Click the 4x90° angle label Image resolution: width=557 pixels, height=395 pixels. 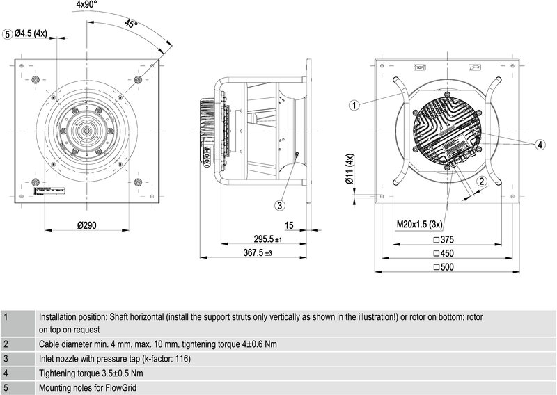88,4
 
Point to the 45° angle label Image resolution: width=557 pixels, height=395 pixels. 131,24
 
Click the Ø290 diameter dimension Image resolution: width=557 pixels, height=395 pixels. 87,226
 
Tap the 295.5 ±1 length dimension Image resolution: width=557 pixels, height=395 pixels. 268,239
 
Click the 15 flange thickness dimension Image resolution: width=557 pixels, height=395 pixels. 289,226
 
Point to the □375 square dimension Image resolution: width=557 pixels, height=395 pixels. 444,239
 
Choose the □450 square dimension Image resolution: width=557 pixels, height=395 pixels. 444,253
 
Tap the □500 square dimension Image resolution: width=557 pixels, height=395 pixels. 444,267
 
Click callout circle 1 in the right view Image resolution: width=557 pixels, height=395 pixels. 354,106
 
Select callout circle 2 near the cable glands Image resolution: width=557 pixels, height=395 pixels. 480,181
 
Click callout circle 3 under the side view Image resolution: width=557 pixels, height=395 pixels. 279,205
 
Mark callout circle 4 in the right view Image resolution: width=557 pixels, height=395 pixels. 540,145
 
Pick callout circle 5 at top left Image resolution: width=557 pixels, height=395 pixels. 8,33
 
